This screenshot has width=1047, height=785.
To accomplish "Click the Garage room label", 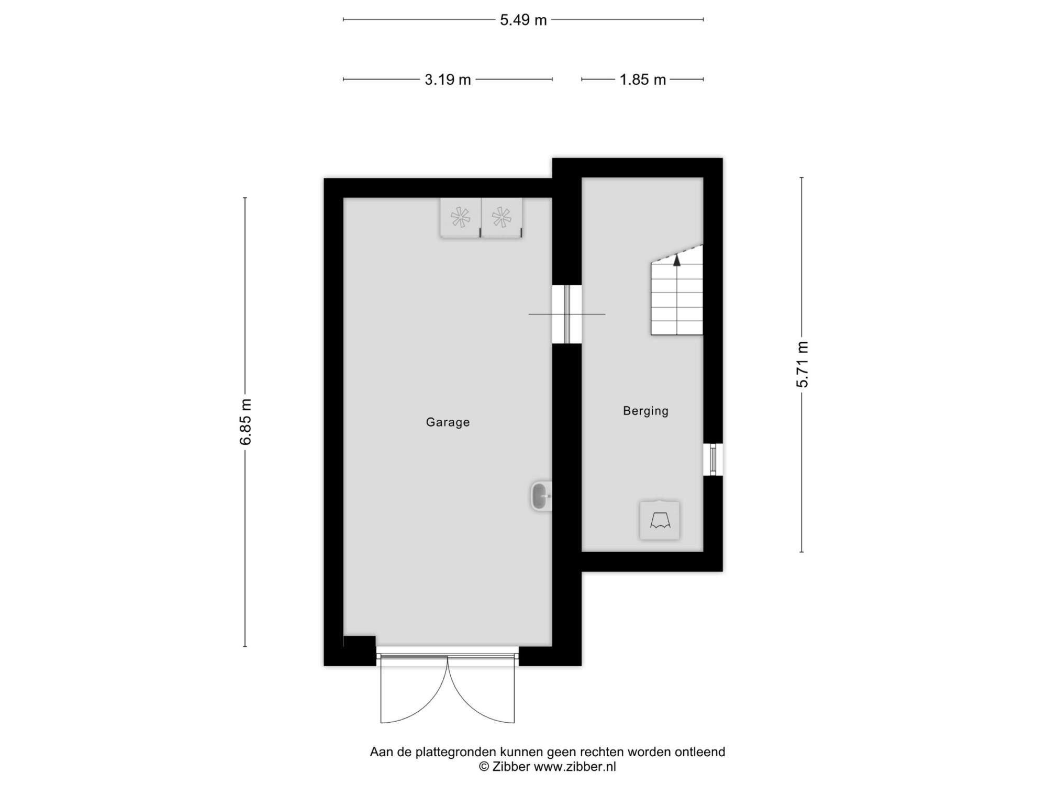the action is [x=448, y=422].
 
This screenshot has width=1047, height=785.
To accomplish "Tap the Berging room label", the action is [x=645, y=411].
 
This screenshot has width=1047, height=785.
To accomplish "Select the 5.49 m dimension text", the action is [x=523, y=20].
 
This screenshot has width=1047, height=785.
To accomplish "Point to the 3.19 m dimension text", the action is [x=448, y=80].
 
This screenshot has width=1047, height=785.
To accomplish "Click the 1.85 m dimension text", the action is [x=642, y=80].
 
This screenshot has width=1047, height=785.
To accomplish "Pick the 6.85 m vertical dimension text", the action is [x=245, y=422].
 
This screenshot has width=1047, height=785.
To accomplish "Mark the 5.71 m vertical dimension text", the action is [x=802, y=364].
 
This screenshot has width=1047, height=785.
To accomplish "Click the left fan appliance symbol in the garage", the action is [x=461, y=218].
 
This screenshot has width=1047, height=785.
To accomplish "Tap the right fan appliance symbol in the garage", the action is [x=502, y=218].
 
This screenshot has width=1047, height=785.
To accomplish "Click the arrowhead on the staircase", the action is [x=677, y=260].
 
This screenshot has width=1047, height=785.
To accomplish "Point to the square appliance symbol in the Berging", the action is [x=660, y=520].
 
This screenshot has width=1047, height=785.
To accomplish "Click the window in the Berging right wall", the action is [x=713, y=459].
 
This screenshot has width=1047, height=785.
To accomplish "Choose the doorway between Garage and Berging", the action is [x=567, y=314].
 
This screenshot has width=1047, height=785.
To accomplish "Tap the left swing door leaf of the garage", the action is [x=414, y=690].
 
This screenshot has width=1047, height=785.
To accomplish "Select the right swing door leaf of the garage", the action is [x=482, y=690].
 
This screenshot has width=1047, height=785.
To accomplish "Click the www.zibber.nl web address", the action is [x=575, y=767].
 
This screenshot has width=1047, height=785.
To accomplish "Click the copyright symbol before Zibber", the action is [x=484, y=767].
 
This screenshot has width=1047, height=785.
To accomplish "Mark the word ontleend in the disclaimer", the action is [x=700, y=752].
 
